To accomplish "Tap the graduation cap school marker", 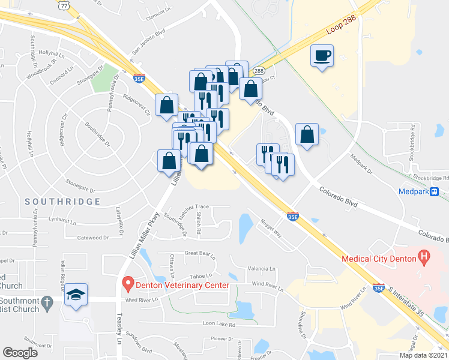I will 76,295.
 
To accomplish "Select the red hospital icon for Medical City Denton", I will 425,259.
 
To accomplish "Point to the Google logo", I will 20,353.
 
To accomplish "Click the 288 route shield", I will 259,71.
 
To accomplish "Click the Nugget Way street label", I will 271,228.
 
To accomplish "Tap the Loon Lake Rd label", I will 218,324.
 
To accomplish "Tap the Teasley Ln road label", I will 119,331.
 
